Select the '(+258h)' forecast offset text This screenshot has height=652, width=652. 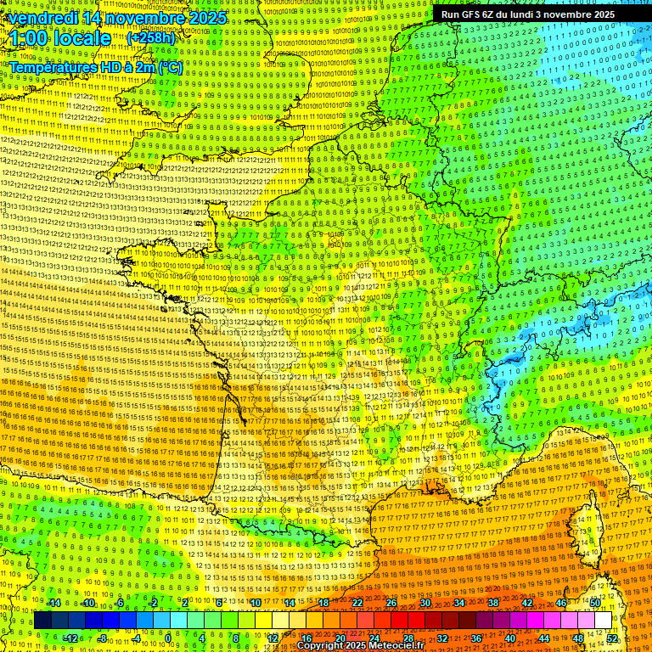coord(151,37)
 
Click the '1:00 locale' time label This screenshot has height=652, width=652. coord(60,38)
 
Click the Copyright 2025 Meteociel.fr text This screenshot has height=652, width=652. coord(355,645)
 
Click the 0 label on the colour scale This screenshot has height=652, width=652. coord(168,638)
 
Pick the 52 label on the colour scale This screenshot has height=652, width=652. coord(612,638)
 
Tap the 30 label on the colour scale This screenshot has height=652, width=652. coord(425,603)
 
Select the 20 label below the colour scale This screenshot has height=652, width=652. coord(340,638)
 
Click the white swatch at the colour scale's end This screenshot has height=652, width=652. coord(603,621)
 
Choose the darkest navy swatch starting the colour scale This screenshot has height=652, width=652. coord(42,621)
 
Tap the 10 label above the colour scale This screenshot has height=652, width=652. coord(255,603)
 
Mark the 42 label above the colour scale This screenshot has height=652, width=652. coord(527,603)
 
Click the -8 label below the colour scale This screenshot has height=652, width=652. coord(102,638)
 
